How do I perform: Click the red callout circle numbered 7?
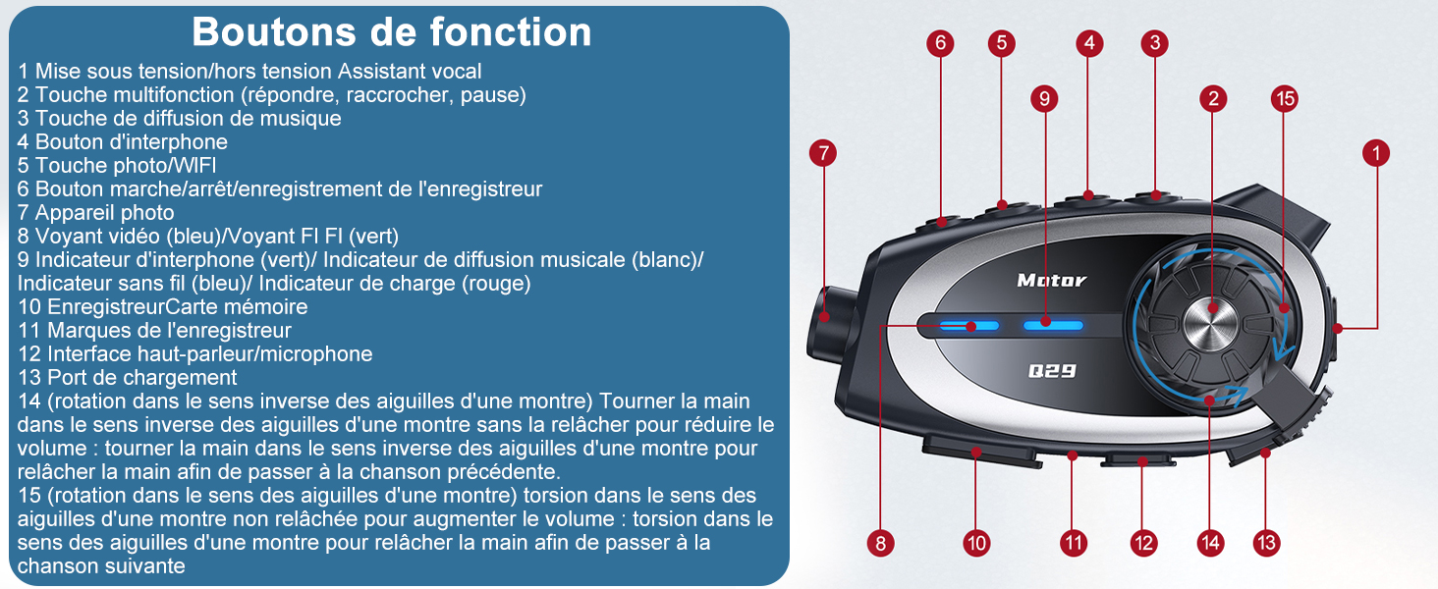[x=823, y=153]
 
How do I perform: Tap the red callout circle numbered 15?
[x=1285, y=99]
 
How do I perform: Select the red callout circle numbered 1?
[x=1376, y=153]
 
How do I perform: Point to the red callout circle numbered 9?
[x=1044, y=99]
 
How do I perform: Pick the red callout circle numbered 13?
[x=1266, y=543]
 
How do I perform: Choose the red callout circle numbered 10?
[x=976, y=543]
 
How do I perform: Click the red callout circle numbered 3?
[x=1155, y=43]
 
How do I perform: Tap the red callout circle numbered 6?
[x=940, y=43]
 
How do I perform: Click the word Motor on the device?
[x=1052, y=281]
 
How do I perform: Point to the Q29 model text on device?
[x=1052, y=371]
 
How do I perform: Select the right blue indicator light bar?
[x=1053, y=326]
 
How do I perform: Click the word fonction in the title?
[x=511, y=32]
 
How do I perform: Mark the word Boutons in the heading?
[x=273, y=32]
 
